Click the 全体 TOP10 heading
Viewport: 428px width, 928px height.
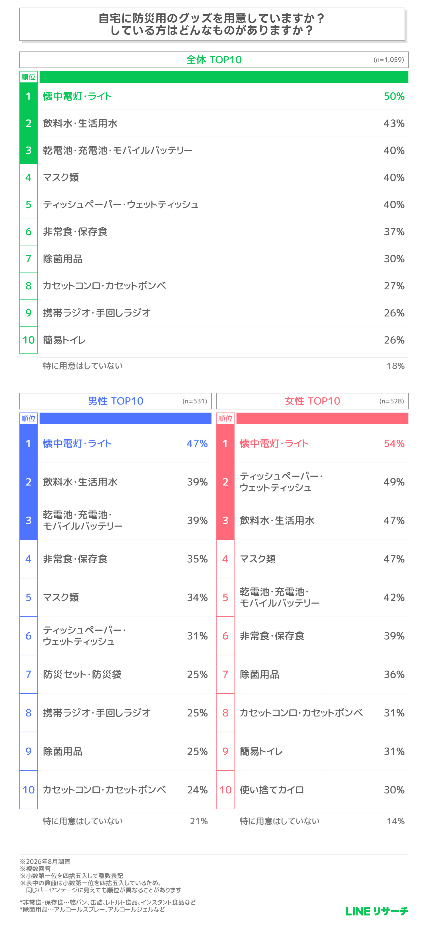pyautogui.click(x=214, y=60)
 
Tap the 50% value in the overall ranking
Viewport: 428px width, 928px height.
pyautogui.click(x=394, y=96)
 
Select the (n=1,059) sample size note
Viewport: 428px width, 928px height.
pyautogui.click(x=388, y=59)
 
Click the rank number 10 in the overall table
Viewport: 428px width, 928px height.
pyautogui.click(x=29, y=340)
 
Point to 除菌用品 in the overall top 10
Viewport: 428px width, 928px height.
pyautogui.click(x=63, y=259)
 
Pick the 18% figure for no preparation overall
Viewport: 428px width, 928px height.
pyautogui.click(x=395, y=366)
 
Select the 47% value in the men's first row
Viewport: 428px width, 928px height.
pyautogui.click(x=197, y=443)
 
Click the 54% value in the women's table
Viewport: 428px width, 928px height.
pyautogui.click(x=394, y=443)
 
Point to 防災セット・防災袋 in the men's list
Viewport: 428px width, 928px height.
pyautogui.click(x=82, y=674)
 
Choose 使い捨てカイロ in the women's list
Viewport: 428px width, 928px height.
pyautogui.click(x=272, y=790)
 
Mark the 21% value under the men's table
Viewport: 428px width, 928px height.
pyautogui.click(x=199, y=821)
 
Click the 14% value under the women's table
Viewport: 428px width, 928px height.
pyautogui.click(x=395, y=821)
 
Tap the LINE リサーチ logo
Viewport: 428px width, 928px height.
pyautogui.click(x=377, y=911)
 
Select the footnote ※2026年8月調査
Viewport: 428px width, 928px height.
pyautogui.click(x=45, y=861)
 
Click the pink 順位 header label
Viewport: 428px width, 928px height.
pyautogui.click(x=225, y=418)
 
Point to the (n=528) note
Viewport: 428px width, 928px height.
pyautogui.click(x=391, y=401)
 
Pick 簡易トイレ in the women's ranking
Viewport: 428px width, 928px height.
pyautogui.click(x=261, y=752)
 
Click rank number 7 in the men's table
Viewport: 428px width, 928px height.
pyautogui.click(x=29, y=674)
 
